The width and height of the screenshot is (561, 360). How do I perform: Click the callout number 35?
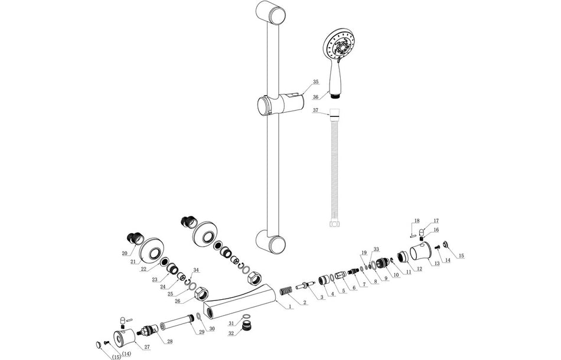[x=315, y=81]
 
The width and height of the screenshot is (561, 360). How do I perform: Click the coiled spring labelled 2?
[x=286, y=292]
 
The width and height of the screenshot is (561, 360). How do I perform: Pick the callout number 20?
[x=125, y=253]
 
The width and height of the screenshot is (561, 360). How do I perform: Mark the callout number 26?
[x=177, y=301]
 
